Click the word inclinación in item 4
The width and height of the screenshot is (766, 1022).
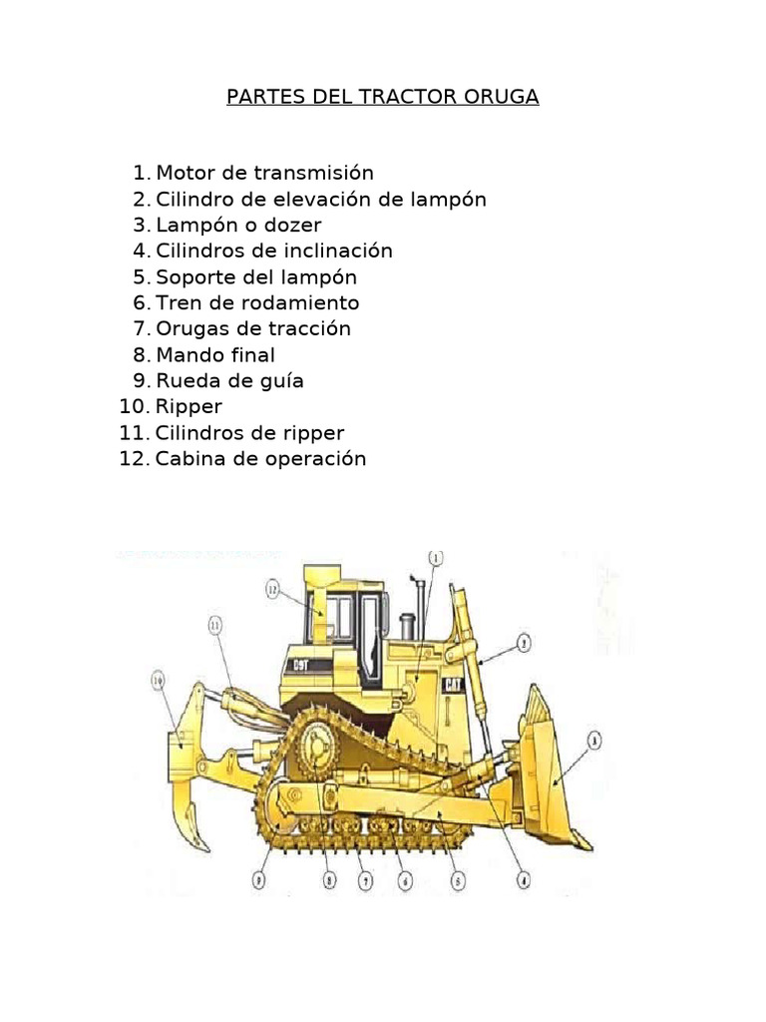coord(335,251)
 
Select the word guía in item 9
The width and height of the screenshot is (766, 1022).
coord(278,381)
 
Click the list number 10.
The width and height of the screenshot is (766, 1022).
coord(134,406)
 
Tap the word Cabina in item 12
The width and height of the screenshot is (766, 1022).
coord(190,458)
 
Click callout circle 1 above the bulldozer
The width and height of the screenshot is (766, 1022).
coord(436,558)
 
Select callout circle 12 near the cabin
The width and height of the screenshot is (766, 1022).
coord(272,590)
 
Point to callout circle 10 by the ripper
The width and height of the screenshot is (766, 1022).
coord(157,682)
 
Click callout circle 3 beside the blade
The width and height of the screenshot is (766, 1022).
coord(594,740)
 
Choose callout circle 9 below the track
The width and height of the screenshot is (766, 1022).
coord(259,881)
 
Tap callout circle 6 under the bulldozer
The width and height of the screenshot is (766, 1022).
coord(404,881)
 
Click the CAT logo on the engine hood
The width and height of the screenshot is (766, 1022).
coord(452,686)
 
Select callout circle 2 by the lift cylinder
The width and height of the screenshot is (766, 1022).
coord(524,644)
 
